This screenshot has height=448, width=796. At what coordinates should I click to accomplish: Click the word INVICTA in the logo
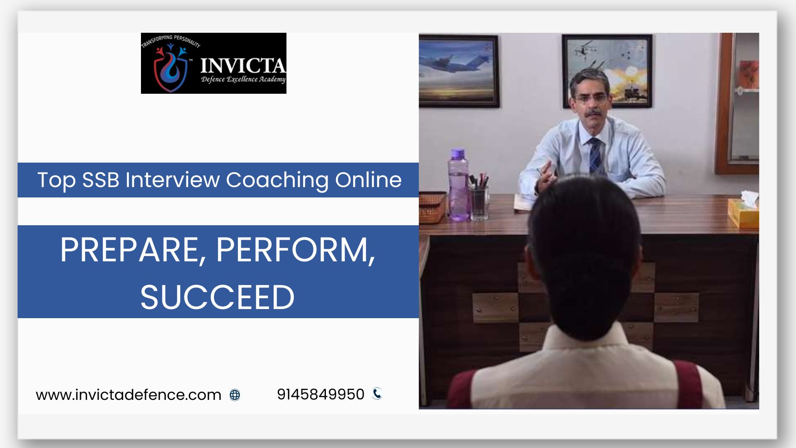coord(243,66)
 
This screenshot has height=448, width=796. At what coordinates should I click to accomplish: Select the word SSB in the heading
coord(101,180)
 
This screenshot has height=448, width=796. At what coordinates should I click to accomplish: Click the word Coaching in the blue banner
coord(277,180)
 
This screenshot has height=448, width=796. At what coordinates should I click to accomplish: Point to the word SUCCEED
coord(217,297)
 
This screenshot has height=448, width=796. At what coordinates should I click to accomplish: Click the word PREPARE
coord(129,250)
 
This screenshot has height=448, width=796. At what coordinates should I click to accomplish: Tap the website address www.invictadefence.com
coord(129,394)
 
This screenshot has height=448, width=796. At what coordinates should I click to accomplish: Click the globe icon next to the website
coord(235,395)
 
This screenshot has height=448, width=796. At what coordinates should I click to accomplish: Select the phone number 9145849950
coord(320,394)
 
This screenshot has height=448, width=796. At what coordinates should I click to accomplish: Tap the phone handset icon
coord(377,393)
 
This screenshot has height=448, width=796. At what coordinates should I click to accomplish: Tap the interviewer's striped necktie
coord(595,156)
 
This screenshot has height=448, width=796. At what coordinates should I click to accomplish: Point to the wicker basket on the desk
coord(432,207)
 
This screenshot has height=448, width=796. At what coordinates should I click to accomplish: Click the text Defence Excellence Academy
coord(243,79)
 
